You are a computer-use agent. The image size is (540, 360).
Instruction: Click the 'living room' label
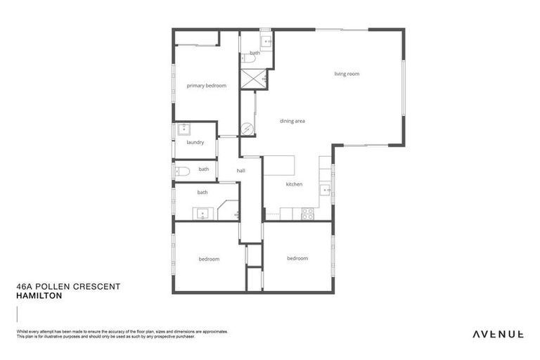click(x=347, y=74)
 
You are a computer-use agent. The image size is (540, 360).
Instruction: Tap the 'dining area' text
click(x=292, y=121)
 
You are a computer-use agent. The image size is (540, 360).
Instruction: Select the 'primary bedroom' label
click(x=206, y=86)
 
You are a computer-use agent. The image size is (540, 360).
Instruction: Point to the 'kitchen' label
click(x=293, y=184)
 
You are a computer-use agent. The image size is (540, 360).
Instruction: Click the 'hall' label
click(x=240, y=170)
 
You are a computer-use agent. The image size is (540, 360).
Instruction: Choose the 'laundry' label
click(x=195, y=142)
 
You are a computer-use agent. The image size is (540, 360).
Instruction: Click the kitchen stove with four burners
click(x=307, y=213)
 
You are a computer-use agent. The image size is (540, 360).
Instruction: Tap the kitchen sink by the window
click(x=325, y=190)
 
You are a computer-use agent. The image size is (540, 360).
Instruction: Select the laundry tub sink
click(x=184, y=129)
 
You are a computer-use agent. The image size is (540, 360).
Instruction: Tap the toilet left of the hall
click(x=181, y=170)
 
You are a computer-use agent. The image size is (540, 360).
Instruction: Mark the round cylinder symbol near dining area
click(x=247, y=129)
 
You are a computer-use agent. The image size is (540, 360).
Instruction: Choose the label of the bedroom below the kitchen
click(x=297, y=258)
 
